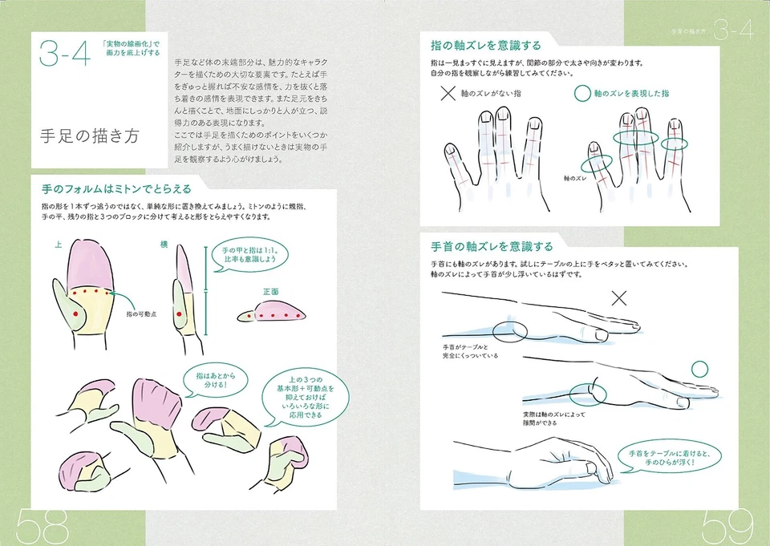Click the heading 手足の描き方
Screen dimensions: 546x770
(x=89, y=135)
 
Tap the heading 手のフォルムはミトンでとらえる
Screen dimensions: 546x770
(x=116, y=189)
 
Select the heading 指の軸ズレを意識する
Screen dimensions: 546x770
(x=486, y=45)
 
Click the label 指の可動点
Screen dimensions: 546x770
(x=142, y=316)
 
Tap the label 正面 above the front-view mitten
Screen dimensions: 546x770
(x=270, y=293)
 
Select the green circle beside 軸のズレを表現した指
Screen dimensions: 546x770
(x=582, y=94)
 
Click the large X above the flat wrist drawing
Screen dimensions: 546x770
(x=619, y=299)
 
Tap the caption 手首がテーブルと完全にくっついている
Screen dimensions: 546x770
(x=469, y=351)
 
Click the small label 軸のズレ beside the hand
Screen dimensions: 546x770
(x=577, y=180)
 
